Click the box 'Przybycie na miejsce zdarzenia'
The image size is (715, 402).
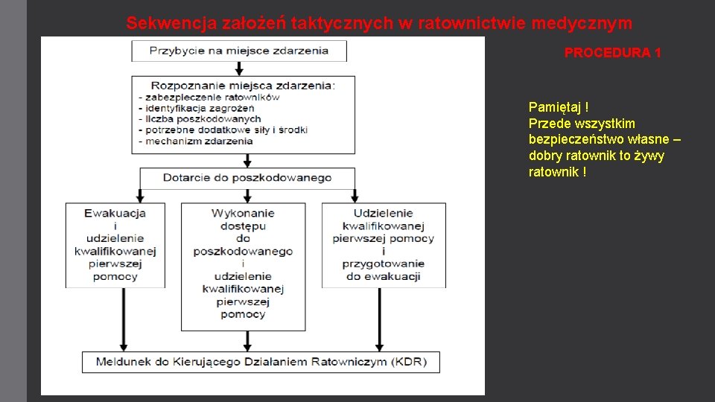pos(239,51)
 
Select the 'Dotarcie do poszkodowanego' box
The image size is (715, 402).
pos(247,178)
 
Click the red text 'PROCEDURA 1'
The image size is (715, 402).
pos(612,53)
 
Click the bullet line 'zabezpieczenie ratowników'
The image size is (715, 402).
pos(212,97)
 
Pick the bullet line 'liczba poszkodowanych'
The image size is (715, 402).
pos(203,119)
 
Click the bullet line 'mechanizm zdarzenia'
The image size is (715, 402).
pos(198,141)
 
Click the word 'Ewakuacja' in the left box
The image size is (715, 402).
pos(115,213)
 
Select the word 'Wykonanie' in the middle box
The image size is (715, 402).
pos(243,213)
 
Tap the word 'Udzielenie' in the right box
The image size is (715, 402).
pos(383,213)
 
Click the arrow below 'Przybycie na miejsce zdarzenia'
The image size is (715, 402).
pos(238,68)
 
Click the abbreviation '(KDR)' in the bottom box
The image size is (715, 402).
pos(410,363)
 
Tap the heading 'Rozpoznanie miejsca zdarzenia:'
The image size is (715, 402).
pos(243,85)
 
